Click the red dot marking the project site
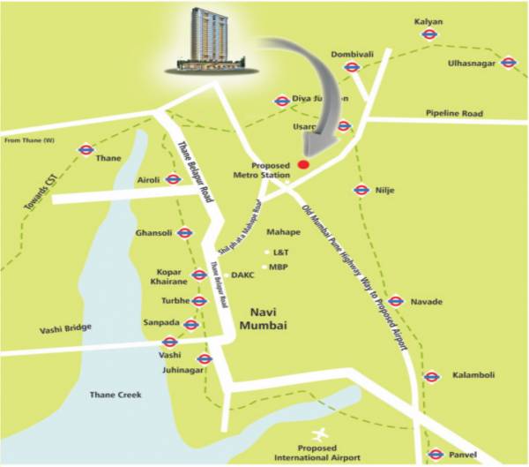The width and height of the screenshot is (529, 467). tap(303, 164)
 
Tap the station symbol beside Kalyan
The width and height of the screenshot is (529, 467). tap(429, 34)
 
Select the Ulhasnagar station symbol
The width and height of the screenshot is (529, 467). tap(507, 62)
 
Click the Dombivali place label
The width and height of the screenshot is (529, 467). tap(353, 55)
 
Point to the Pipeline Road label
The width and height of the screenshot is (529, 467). tap(455, 114)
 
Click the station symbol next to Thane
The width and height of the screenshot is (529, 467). tap(86, 150)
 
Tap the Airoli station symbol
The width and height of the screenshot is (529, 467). tap(175, 180)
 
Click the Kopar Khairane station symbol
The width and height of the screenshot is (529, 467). tap(199, 275)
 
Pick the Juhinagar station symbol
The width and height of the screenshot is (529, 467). tap(205, 358)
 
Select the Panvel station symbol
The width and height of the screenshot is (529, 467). tap(435, 455)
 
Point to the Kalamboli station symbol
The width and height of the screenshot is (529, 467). tap(431, 376)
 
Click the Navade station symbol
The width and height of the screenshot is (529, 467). tap(395, 301)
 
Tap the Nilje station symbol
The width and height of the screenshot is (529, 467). tap(361, 189)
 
